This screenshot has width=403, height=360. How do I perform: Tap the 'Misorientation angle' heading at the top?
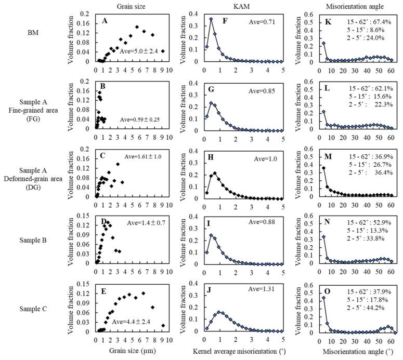(x=356, y=6)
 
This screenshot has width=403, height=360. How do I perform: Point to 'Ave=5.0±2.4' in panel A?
(x=139, y=51)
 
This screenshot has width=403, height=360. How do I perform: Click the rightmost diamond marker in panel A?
(x=163, y=51)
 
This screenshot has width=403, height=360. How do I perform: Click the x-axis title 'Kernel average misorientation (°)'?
(x=244, y=352)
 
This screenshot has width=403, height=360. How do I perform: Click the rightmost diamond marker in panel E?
(x=163, y=326)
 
